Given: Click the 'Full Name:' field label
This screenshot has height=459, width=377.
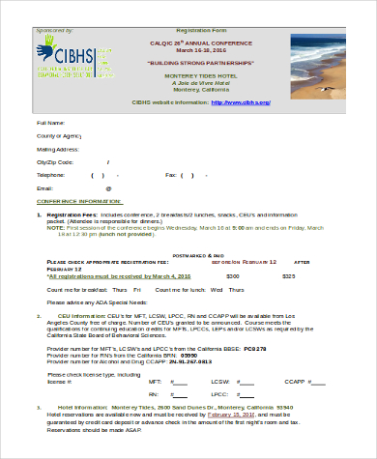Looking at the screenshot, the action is [x=51, y=124].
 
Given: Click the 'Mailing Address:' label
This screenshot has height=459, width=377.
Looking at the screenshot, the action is [x=58, y=150].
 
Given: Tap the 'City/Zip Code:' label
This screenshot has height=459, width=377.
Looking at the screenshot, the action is [x=55, y=162].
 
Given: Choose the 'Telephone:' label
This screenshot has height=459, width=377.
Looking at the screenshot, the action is [x=51, y=175].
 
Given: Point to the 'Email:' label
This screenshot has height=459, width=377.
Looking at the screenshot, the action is [x=44, y=188].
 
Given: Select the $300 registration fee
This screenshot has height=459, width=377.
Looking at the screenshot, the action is [x=232, y=275].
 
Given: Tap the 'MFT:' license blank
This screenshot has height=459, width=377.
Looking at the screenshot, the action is [x=179, y=382].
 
